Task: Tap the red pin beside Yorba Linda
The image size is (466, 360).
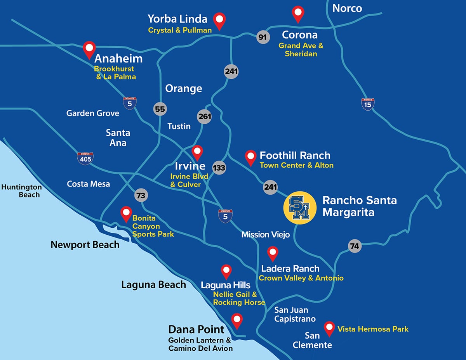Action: coord(221,20)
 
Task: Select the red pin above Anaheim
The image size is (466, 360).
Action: coord(90,49)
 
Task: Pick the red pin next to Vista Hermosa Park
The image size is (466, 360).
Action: coord(330,328)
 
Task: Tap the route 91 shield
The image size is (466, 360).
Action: coord(263,37)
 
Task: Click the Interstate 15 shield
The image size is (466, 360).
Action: coord(368,104)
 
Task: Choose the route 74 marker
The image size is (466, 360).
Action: coord(354,246)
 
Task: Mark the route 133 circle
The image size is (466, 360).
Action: coord(219,168)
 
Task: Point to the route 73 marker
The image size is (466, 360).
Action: coord(141,195)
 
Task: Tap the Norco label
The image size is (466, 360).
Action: coord(347,9)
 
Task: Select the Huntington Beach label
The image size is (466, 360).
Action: coord(22,191)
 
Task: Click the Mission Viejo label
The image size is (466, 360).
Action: coord(266,235)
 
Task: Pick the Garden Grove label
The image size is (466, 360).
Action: coord(93,113)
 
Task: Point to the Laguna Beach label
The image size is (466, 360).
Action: coord(154,285)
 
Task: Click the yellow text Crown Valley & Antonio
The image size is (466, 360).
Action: coord(301,278)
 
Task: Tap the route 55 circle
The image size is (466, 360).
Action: coord(160,109)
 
